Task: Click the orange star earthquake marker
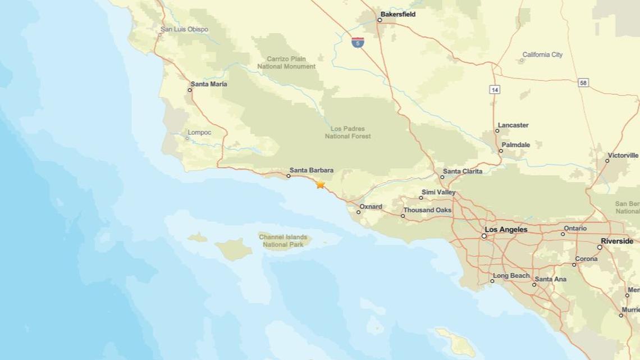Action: tap(320, 184)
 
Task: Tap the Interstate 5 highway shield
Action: tap(358, 42)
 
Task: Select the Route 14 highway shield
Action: tap(494, 89)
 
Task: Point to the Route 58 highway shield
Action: tap(583, 83)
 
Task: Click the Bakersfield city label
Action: tap(397, 15)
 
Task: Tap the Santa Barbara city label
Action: tap(311, 170)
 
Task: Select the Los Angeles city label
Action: tap(506, 230)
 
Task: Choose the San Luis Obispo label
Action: tap(184, 29)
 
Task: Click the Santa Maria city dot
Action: tap(190, 90)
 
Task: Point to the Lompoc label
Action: tap(199, 133)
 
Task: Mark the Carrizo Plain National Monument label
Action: tap(286, 62)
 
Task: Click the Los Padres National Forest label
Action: tap(348, 132)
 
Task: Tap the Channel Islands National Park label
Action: tap(283, 240)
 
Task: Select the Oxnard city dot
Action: tap(359, 212)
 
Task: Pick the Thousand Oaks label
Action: tap(427, 210)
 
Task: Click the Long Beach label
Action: tap(511, 276)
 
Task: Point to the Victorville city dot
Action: tap(607, 161)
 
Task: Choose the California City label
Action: tap(542, 55)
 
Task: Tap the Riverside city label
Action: tap(617, 241)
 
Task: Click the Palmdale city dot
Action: tap(501, 151)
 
